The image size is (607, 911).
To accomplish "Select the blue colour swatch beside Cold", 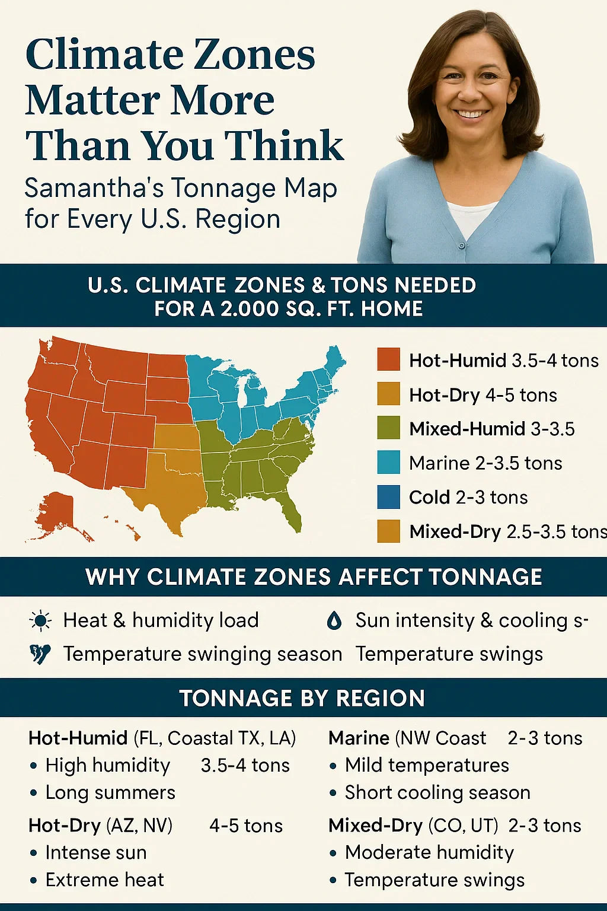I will (388, 497).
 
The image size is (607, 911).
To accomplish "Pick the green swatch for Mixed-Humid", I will (388, 428).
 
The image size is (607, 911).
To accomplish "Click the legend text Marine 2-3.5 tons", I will (485, 463).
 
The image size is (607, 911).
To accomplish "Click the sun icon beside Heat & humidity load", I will (40, 620).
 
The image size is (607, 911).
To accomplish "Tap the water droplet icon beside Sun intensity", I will (334, 620).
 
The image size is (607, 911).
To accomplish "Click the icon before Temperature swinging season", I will (40, 654).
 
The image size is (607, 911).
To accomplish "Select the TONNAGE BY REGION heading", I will (302, 698).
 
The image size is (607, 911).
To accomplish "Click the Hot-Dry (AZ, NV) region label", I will (100, 826).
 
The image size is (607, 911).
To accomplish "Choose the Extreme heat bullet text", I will (104, 880).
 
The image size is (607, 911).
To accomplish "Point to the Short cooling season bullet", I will (437, 792).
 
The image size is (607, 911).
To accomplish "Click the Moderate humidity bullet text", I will (429, 852).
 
